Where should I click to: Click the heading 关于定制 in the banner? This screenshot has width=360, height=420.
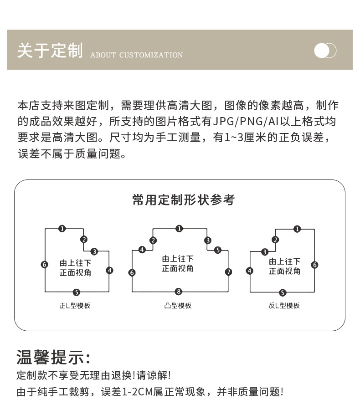tap(50, 51)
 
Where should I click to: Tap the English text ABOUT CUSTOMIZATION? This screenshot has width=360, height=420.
tap(136, 55)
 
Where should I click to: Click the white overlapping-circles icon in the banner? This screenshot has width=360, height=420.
tap(325, 51)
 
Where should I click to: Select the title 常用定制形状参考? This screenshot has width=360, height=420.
tap(183, 200)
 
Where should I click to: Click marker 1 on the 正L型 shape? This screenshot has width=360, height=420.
tap(62, 229)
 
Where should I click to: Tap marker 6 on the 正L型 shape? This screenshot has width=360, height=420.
tap(44, 264)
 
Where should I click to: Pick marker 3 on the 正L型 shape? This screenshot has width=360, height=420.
tap(94, 251)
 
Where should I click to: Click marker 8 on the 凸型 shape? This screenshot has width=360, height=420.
tap(179, 292)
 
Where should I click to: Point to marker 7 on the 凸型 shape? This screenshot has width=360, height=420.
tap(228, 272)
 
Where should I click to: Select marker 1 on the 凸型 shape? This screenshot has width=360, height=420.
tap(180, 229)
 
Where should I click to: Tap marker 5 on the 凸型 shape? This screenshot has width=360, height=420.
tap(217, 250)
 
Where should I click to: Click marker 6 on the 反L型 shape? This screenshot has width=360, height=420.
tap(314, 265)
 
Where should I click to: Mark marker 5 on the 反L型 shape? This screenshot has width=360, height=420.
tap(283, 292)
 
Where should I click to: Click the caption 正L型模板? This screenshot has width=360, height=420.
tap(76, 305)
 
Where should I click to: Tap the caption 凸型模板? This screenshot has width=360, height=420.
tap(178, 305)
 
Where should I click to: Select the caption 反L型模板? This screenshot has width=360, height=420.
tap(284, 305)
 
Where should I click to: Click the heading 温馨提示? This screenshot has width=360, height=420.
tap(53, 357)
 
